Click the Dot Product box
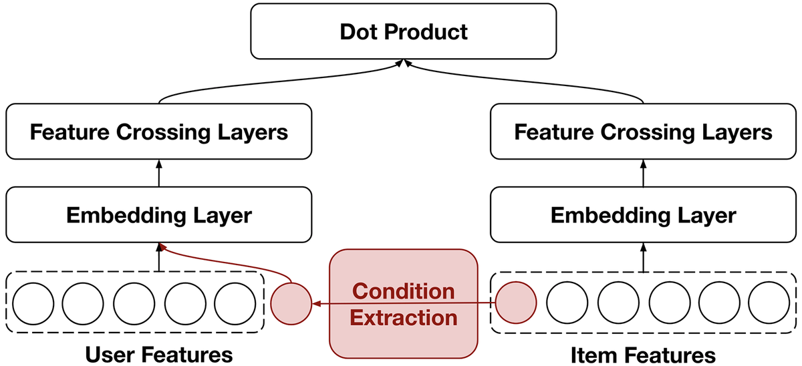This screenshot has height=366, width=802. [x=404, y=31]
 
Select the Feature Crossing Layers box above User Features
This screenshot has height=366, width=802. [x=159, y=132]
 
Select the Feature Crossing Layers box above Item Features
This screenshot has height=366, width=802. [x=643, y=132]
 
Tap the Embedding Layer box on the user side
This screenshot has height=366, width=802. [x=159, y=214]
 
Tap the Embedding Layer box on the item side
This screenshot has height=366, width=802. [x=643, y=214]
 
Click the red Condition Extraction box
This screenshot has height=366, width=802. [x=404, y=304]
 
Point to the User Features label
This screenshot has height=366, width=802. [x=159, y=355]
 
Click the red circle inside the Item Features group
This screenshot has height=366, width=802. [x=516, y=303]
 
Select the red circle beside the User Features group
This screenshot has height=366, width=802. [x=291, y=304]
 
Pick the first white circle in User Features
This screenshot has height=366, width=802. [x=33, y=304]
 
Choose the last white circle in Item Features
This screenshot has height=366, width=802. [x=769, y=303]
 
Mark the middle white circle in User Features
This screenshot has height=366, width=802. [x=134, y=304]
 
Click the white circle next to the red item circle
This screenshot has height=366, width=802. [x=567, y=303]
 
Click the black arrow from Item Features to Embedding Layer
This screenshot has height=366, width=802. [x=643, y=258]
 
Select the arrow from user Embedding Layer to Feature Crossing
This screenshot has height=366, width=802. [x=159, y=173]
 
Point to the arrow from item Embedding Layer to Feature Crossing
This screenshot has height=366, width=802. [x=643, y=173]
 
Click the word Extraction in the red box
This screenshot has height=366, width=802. [x=404, y=318]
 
